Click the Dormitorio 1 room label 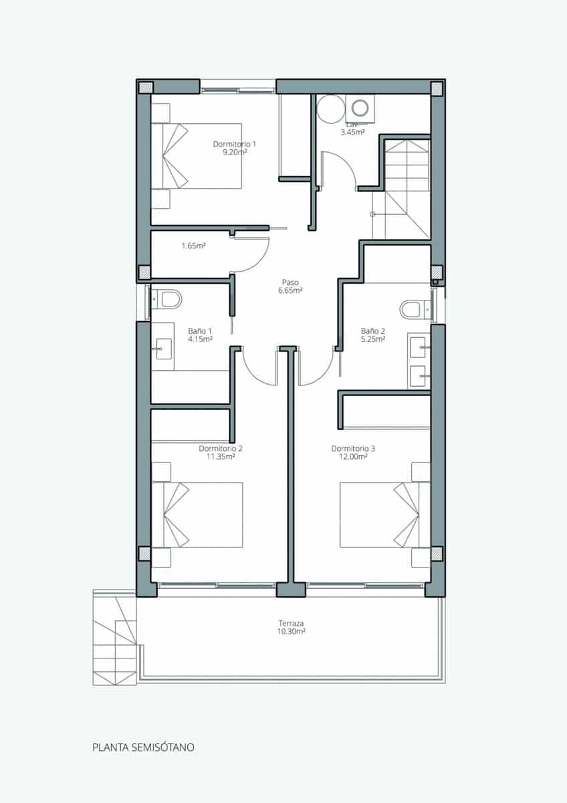click(235, 144)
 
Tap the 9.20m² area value click(235, 153)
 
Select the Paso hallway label click(291, 282)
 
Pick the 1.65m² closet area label click(193, 246)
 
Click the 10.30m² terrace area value click(291, 631)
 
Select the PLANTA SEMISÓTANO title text click(143, 747)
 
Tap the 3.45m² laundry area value click(352, 132)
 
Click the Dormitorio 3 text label click(353, 448)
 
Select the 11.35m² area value click(221, 457)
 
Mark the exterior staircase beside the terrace click(114, 639)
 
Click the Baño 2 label click(373, 331)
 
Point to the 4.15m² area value click(200, 339)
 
